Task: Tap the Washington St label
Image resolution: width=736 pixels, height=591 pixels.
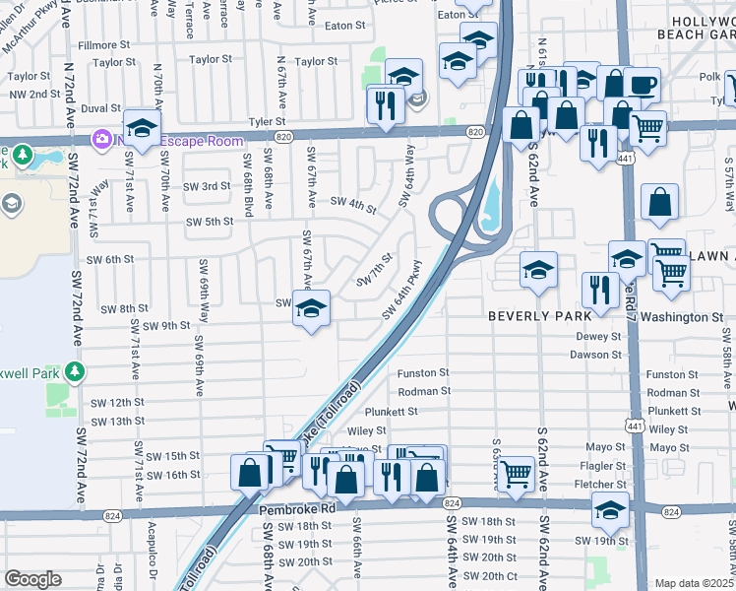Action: click(x=687, y=318)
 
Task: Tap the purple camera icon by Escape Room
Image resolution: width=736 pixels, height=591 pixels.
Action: click(x=101, y=141)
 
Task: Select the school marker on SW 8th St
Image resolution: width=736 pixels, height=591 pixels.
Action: click(x=312, y=309)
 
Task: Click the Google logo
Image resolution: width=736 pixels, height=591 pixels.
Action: click(x=32, y=579)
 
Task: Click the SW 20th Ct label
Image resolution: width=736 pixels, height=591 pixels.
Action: click(x=489, y=576)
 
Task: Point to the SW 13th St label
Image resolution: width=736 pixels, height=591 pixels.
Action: click(x=119, y=422)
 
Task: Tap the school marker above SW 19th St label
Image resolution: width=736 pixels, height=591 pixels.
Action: click(x=610, y=510)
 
